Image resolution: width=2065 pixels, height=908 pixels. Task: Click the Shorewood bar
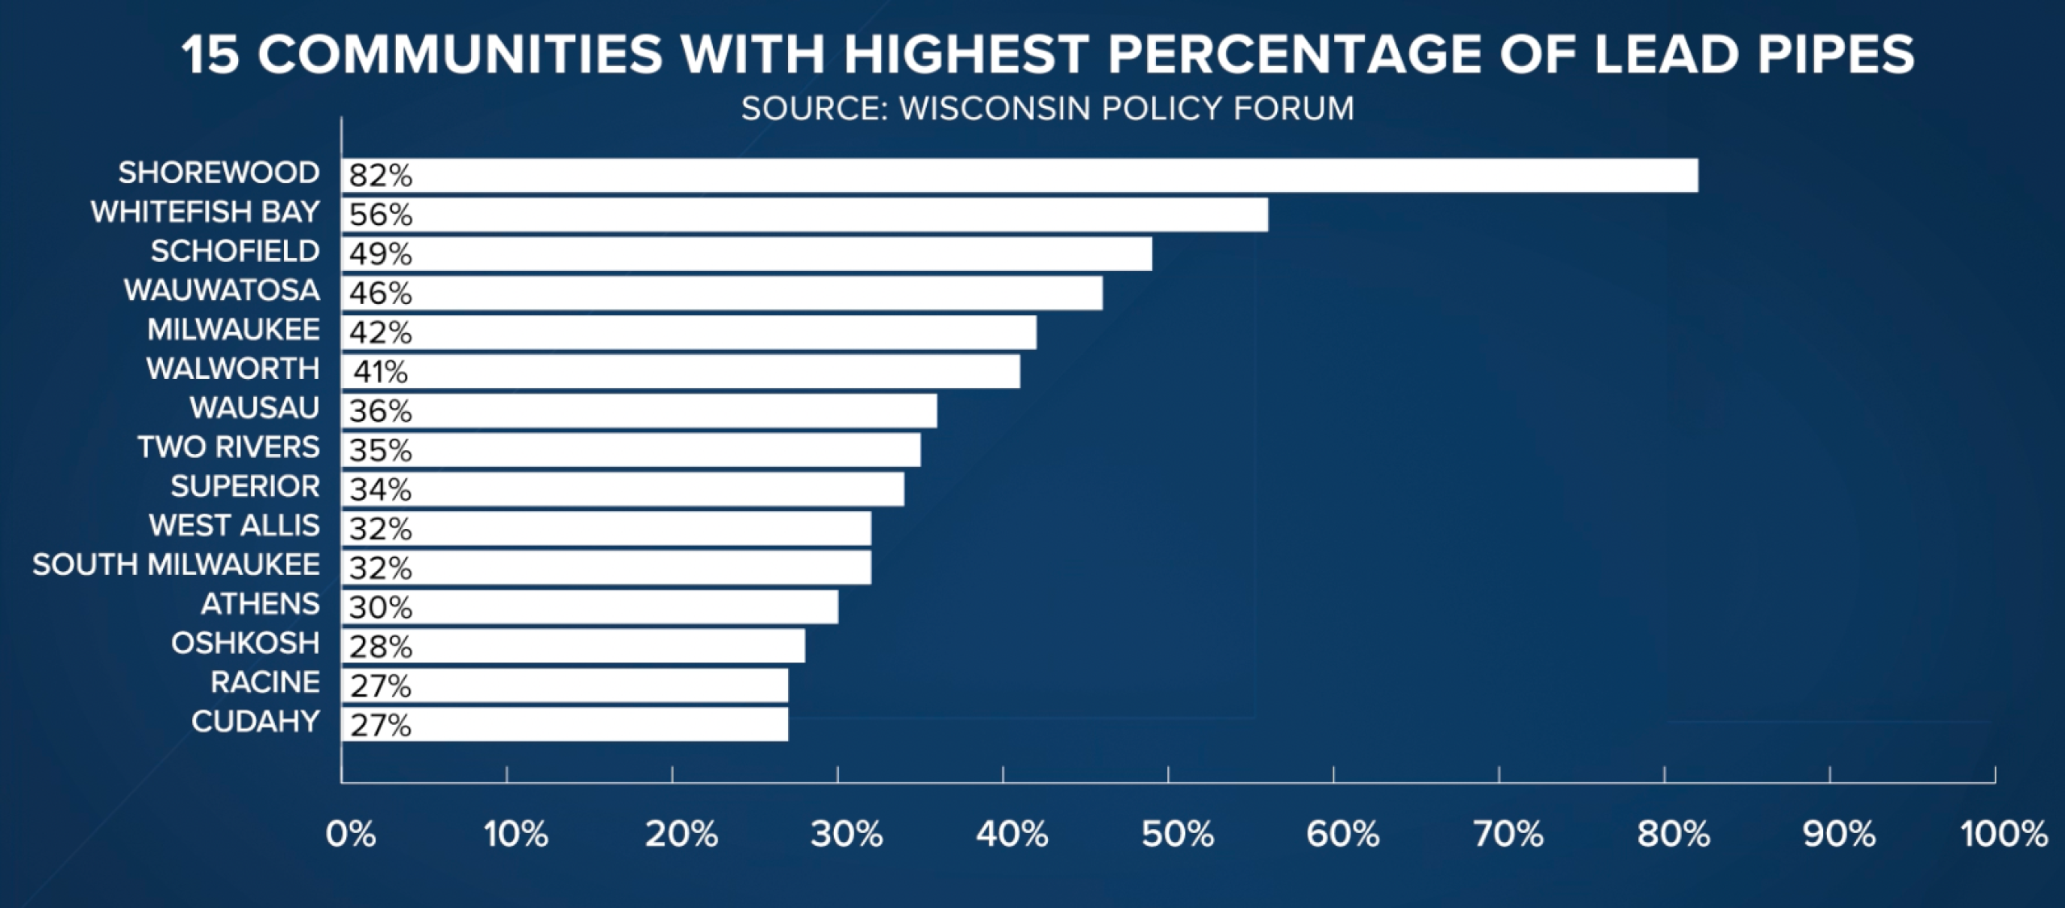[x=1020, y=175]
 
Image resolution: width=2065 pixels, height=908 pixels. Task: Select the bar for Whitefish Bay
[x=805, y=215]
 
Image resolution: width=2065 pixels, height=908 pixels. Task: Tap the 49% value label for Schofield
[x=381, y=254]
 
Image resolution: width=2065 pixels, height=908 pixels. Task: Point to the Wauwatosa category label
[x=222, y=290]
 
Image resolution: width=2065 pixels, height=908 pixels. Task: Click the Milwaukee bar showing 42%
[x=689, y=332]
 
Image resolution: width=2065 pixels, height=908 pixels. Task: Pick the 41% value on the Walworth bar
[x=381, y=372]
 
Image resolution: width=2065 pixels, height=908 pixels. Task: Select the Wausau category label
[x=255, y=408]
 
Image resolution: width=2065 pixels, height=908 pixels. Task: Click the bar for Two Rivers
[x=631, y=450]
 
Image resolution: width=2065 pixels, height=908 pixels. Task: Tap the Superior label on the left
[x=245, y=486]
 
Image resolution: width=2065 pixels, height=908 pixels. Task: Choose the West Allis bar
[x=607, y=528]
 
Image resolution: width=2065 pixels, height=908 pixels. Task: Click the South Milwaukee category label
[x=176, y=564]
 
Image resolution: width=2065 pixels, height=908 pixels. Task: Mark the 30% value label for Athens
[x=381, y=607]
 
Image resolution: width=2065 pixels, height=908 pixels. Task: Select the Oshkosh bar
[x=573, y=646]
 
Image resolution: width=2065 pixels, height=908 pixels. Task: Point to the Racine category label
[x=265, y=682]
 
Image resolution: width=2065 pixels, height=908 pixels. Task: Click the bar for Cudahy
[x=565, y=724]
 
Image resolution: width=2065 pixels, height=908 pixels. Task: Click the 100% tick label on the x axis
[x=2005, y=835]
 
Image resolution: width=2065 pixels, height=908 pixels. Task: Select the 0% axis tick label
[x=351, y=835]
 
